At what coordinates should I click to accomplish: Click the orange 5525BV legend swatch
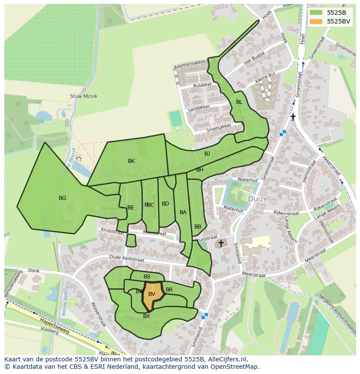tap(317, 21)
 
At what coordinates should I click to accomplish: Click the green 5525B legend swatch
tap(317, 13)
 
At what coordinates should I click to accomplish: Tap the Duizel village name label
tap(259, 199)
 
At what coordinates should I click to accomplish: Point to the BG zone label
tap(63, 198)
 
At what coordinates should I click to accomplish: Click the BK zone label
tap(131, 161)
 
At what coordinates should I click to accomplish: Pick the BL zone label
tap(239, 102)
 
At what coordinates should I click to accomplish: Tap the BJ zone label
tap(207, 154)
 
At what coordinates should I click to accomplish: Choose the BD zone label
tap(165, 204)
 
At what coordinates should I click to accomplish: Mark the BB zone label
tap(198, 227)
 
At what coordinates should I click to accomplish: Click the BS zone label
tap(147, 277)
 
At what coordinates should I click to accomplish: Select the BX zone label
tap(147, 316)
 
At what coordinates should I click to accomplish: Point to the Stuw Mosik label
tap(83, 96)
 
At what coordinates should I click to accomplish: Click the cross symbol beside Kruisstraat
tap(221, 244)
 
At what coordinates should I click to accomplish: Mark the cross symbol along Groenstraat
tap(293, 117)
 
